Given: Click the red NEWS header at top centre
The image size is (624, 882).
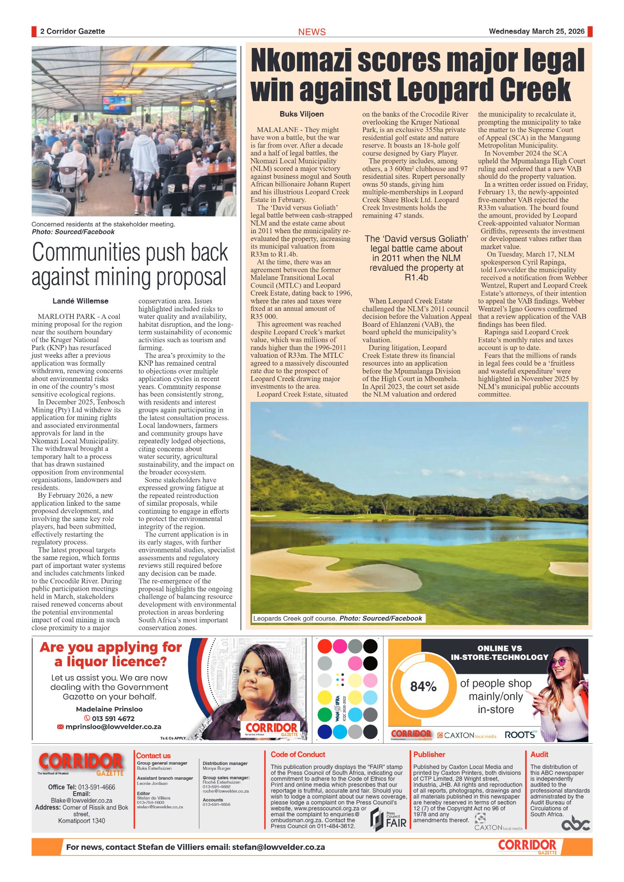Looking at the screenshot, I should pos(312,32).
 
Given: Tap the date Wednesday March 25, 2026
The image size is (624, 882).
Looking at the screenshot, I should pos(536,31).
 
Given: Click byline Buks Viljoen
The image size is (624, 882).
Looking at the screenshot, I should pos(301,114).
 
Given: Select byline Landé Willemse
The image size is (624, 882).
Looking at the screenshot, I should pos(80,301).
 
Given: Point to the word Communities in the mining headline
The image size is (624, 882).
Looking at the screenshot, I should pos(86,253).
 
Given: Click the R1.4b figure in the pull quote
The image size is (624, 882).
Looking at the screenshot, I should pos(416,278).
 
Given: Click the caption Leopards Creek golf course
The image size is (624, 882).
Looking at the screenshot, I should pos(295,618).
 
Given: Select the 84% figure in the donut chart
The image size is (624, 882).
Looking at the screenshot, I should pos(423,686).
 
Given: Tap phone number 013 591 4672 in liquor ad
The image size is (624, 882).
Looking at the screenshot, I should pos(113,718).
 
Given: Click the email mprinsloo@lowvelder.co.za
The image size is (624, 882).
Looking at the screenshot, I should pos(113,727).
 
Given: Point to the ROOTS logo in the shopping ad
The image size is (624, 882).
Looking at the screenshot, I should pos(520,735).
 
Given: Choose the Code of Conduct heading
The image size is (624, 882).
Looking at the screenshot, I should pos(298,755).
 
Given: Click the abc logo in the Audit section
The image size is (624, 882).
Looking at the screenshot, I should pos(575,824).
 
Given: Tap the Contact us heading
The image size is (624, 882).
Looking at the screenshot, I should pos(153,756).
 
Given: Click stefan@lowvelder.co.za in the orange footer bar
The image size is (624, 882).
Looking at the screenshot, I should pos(278,847).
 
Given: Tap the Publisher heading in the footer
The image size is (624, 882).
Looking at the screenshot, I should pos(429,755).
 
